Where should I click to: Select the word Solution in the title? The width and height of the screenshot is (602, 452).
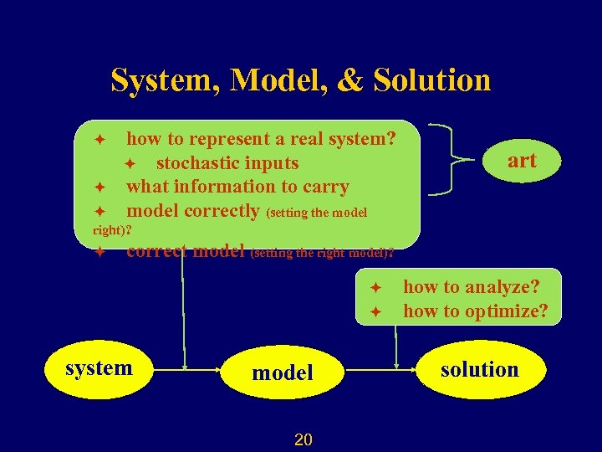pos(432,80)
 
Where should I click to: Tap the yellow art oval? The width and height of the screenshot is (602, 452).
pos(522,161)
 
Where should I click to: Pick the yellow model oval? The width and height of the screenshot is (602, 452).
pos(283,372)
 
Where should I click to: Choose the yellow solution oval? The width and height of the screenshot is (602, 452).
pos(479,369)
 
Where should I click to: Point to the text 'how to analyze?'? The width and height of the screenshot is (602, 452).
pos(472,287)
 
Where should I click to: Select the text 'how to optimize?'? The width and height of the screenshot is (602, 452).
pos(476,311)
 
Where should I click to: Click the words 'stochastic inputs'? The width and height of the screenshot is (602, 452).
pos(227,162)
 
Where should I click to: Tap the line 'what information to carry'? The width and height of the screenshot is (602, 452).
pos(237,187)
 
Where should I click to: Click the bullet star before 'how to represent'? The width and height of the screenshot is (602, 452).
pos(99,138)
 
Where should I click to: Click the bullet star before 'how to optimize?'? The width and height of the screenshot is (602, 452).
pos(376,311)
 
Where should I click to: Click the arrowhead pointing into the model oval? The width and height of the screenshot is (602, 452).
pos(215,368)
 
